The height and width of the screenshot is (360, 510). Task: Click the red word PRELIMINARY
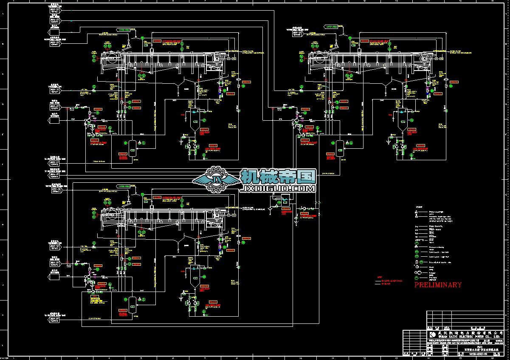click(x=438, y=285)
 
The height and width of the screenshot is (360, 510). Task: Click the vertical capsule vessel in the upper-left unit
click(x=132, y=146)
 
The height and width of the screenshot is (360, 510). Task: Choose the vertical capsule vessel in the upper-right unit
click(x=340, y=146)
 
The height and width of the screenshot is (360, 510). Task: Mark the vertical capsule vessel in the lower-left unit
click(x=132, y=302)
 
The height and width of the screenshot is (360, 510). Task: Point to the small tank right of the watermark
click(x=285, y=199)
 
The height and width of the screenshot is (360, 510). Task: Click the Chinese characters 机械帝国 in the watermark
click(x=278, y=176)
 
